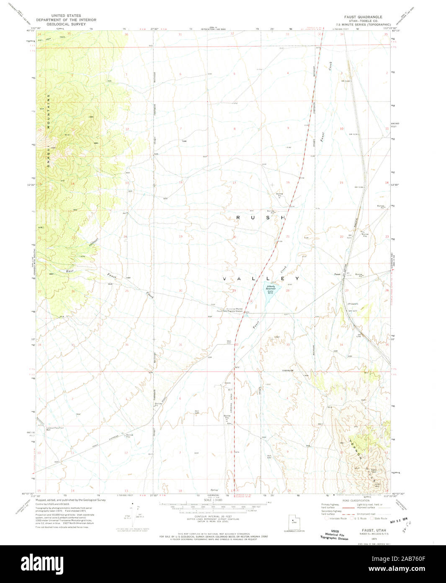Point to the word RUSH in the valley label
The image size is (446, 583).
pos(260,218)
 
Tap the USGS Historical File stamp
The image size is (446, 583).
pos(334,534)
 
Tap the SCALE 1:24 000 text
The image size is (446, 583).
pos(212,500)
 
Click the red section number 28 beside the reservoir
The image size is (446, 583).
pos(288,290)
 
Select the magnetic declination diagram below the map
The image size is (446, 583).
pos(133,514)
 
